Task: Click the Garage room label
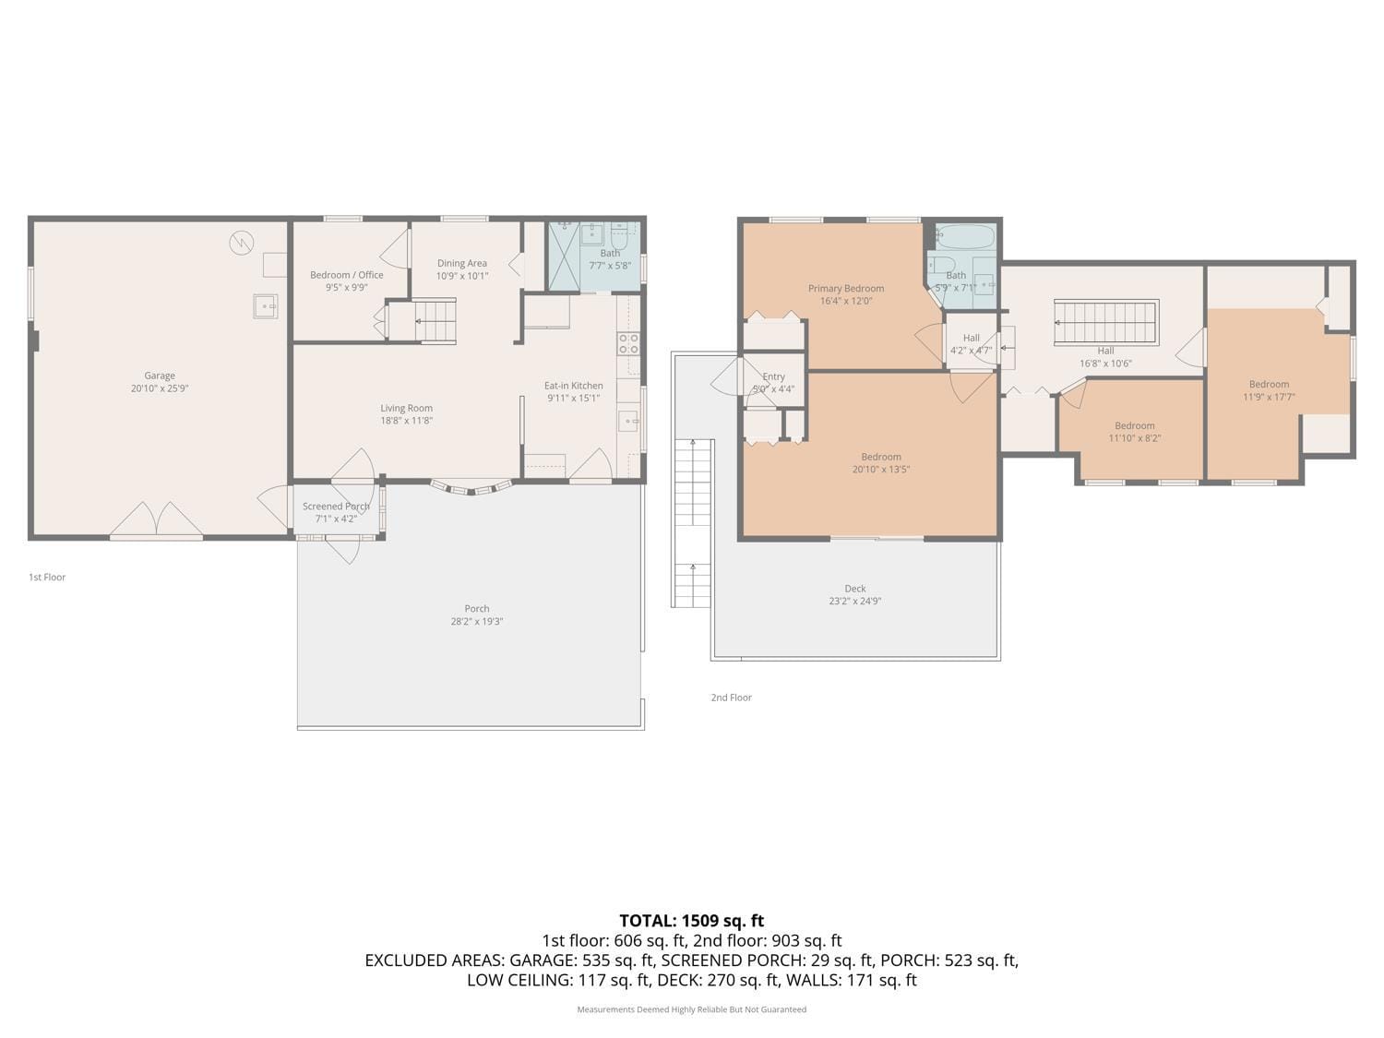tap(160, 376)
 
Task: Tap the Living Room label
tap(406, 408)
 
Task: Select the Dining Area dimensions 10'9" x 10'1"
tap(462, 276)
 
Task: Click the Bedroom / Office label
tap(346, 275)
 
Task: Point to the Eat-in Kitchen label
tap(573, 386)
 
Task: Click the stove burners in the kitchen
tap(628, 344)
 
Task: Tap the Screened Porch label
tap(336, 507)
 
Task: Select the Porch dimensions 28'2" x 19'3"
tap(477, 622)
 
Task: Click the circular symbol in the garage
tap(241, 243)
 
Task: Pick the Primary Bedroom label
tap(845, 289)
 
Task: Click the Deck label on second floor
tap(855, 589)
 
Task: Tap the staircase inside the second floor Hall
tap(1105, 322)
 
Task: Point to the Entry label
tap(773, 376)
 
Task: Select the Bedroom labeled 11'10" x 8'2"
tap(1134, 426)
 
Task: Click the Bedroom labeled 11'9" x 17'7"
tap(1269, 385)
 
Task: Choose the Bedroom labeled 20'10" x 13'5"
tap(881, 457)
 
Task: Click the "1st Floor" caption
tap(47, 578)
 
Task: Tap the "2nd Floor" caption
tap(731, 698)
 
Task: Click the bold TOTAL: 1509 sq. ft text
tap(691, 920)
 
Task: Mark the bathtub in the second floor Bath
tap(965, 235)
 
